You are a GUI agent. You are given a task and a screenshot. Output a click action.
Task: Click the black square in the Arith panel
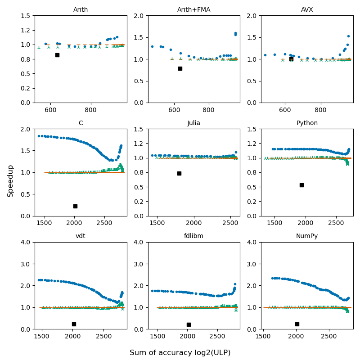click(x=57, y=55)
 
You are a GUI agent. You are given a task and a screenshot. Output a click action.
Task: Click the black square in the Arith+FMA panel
click(x=180, y=68)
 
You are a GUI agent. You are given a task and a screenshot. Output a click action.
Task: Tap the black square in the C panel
click(x=75, y=206)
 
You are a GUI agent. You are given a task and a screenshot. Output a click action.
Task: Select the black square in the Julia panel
click(x=179, y=173)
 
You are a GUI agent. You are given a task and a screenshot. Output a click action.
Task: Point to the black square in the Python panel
click(x=301, y=185)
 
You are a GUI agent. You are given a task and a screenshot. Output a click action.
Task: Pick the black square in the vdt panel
click(x=74, y=324)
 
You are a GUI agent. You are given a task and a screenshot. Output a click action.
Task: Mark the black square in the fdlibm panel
click(x=189, y=324)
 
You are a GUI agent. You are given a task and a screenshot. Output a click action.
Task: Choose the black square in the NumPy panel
click(x=297, y=324)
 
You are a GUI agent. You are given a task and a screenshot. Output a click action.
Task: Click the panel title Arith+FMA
click(x=194, y=10)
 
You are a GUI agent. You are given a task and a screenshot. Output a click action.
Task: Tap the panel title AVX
click(x=307, y=10)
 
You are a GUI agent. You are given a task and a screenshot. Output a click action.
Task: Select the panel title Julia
click(x=194, y=123)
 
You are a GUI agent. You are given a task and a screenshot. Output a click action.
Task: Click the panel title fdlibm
click(x=194, y=236)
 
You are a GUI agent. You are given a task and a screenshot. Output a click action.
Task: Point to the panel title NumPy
click(x=307, y=236)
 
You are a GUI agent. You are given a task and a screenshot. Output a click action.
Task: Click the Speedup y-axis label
click(x=10, y=180)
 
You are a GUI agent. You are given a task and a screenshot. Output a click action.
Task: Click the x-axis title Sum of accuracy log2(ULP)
click(x=180, y=353)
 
